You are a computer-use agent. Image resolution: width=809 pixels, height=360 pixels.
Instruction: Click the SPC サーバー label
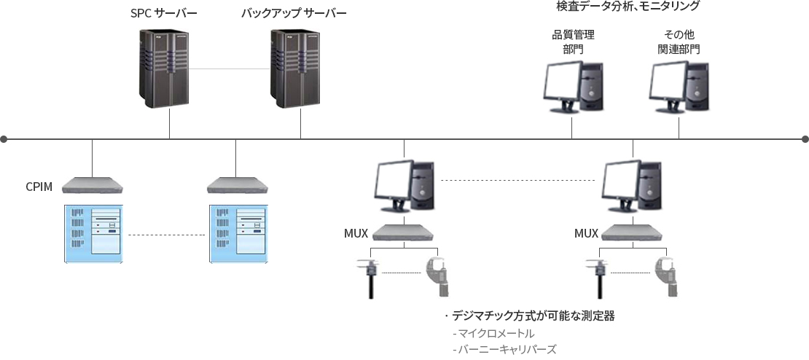pyautogui.click(x=163, y=12)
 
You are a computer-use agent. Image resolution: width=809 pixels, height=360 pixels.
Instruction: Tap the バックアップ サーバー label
pyautogui.click(x=294, y=12)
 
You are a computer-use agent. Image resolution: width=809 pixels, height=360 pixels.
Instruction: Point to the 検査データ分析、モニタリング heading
pyautogui.click(x=628, y=6)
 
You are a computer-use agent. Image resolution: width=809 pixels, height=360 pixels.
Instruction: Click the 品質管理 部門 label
pyautogui.click(x=573, y=42)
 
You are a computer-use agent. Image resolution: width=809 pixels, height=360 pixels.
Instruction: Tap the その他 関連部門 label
pyautogui.click(x=679, y=42)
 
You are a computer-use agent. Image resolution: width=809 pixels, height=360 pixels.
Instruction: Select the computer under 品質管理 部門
pyautogui.click(x=573, y=86)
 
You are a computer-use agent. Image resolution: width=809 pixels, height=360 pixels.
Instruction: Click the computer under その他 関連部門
pyautogui.click(x=679, y=86)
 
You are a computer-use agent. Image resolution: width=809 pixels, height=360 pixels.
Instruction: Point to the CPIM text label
pyautogui.click(x=39, y=187)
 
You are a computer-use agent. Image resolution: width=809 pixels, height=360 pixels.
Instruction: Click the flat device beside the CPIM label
pyautogui.click(x=93, y=186)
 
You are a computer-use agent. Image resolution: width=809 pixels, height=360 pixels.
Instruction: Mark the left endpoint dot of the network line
pyautogui.click(x=4, y=138)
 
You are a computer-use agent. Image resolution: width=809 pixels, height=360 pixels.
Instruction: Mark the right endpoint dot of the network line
pyautogui.click(x=805, y=138)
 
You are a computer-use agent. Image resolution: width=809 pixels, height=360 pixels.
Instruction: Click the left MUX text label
pyautogui.click(x=356, y=234)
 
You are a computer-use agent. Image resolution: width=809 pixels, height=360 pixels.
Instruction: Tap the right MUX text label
pyautogui.click(x=587, y=234)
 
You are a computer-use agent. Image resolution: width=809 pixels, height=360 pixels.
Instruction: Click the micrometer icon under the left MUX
pyautogui.click(x=437, y=277)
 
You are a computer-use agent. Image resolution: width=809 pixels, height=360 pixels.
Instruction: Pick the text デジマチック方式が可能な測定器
pyautogui.click(x=534, y=316)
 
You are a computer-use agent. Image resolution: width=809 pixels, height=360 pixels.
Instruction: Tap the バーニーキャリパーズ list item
pyautogui.click(x=504, y=350)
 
